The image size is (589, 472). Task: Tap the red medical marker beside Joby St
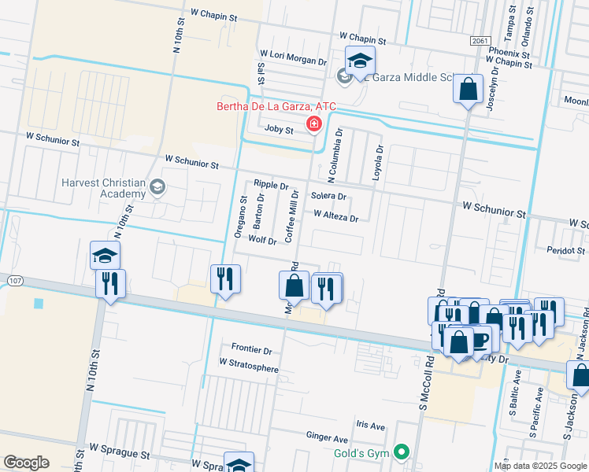(x=314, y=124)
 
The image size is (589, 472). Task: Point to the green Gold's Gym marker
(x=402, y=452)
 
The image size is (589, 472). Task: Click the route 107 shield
(x=13, y=280)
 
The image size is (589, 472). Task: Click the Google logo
(x=26, y=462)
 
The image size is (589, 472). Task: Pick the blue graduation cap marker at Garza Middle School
(x=360, y=61)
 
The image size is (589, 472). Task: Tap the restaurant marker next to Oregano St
(x=225, y=279)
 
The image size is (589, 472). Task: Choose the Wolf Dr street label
(x=262, y=239)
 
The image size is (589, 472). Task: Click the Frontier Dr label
(x=251, y=349)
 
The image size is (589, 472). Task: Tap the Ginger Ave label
(x=327, y=435)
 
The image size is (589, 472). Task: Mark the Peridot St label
(x=566, y=250)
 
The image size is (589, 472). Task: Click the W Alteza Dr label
(x=335, y=215)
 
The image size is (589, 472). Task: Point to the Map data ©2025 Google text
(x=539, y=466)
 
